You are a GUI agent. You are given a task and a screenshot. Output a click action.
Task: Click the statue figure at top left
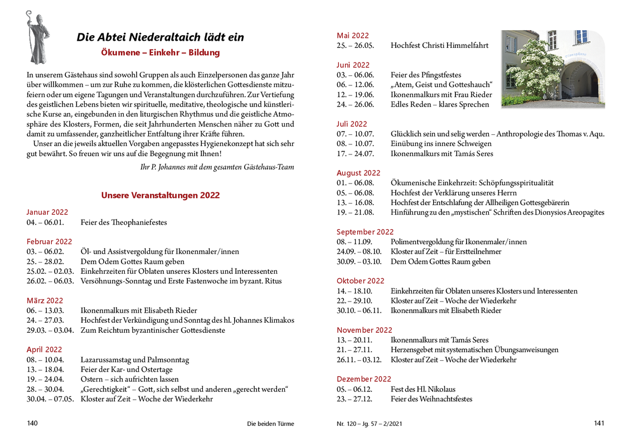click(x=37, y=37)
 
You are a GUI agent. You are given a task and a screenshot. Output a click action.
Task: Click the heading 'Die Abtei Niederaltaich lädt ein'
click(x=160, y=37)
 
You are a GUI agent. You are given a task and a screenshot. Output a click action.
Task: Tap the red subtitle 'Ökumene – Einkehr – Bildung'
click(x=161, y=52)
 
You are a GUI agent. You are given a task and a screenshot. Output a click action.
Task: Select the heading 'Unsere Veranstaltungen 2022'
click(x=160, y=195)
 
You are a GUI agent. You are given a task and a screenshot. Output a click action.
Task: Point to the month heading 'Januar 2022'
click(x=47, y=212)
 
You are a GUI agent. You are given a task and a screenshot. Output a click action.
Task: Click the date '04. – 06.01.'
click(x=45, y=222)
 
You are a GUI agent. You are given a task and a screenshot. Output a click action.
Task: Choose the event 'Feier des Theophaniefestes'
click(x=124, y=222)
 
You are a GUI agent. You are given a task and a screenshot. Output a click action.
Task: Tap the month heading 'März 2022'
click(x=45, y=300)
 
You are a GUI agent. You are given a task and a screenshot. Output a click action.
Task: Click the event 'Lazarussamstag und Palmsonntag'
click(x=134, y=360)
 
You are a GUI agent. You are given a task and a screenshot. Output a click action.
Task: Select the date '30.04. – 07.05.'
click(x=50, y=399)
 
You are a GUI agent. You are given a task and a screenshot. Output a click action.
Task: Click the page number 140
click(x=32, y=423)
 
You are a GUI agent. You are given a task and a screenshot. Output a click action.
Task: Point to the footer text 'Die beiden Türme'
click(x=270, y=424)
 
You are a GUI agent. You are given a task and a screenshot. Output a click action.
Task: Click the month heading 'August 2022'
click(x=358, y=173)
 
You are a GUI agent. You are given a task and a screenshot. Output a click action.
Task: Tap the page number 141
click(x=599, y=423)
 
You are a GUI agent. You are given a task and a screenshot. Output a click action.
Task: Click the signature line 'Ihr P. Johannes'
click(x=217, y=167)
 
